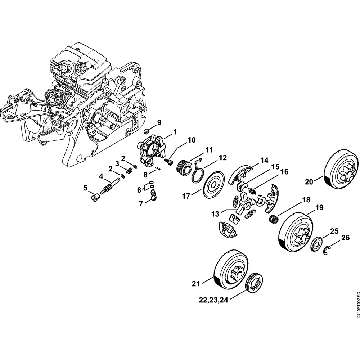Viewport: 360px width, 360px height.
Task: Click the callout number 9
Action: click(159, 122)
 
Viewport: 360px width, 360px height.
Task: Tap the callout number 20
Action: click(308, 182)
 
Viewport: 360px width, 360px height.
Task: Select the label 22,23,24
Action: click(213, 299)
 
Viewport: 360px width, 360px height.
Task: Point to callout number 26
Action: click(345, 238)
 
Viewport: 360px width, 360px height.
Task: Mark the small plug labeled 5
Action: click(95, 197)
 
